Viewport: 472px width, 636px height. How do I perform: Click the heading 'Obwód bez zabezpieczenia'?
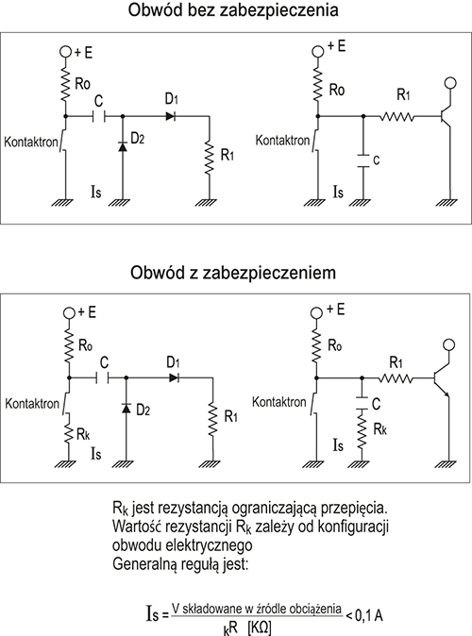233,10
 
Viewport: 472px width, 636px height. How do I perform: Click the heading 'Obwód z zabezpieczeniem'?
233,272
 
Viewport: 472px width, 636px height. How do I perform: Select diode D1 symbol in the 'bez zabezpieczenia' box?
170,116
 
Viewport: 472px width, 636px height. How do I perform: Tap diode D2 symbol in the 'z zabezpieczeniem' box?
126,408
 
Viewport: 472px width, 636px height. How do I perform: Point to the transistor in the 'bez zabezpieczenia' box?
446,116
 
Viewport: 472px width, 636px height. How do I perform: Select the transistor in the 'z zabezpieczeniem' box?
442,378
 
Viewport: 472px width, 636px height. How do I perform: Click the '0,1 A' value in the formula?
369,616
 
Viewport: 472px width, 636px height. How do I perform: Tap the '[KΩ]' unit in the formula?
259,628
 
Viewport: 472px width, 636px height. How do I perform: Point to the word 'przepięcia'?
353,509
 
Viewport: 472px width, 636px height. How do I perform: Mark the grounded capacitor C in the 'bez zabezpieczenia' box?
363,160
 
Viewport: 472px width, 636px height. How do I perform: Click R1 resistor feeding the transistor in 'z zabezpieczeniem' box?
396,378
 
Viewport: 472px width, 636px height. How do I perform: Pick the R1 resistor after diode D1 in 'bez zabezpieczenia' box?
209,158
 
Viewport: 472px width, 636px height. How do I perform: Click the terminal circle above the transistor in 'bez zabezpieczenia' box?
450,83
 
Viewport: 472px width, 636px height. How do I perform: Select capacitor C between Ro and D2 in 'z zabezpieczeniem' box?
103,378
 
